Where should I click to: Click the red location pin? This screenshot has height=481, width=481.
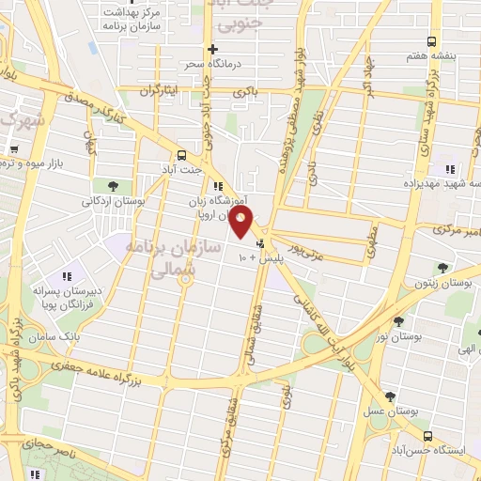242,222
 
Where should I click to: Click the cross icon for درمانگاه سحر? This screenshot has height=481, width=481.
213,49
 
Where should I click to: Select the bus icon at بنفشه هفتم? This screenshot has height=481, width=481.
431,41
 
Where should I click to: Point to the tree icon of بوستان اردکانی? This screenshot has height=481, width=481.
114,185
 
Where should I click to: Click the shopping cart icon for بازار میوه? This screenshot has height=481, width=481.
14,148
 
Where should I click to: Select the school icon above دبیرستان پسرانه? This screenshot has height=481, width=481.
66,276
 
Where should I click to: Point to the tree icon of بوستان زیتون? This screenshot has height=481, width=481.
442,267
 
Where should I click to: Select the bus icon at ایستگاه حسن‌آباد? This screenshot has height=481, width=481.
428,437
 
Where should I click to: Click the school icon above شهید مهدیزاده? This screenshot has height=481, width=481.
449,169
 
